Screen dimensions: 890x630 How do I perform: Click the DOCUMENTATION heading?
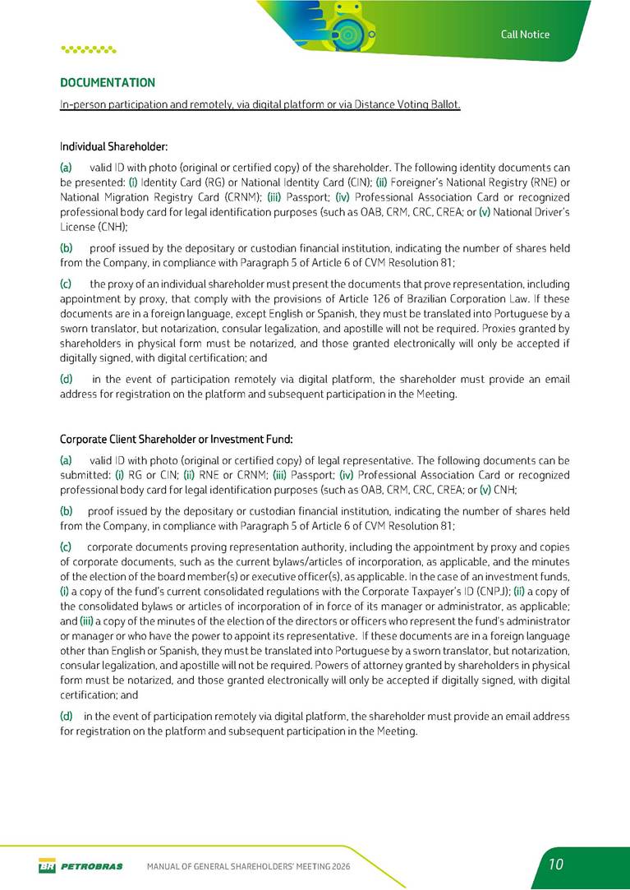point(108,83)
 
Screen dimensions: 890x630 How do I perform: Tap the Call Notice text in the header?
point(525,34)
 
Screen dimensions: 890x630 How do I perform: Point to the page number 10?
point(556,864)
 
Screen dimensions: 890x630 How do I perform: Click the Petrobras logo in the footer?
point(80,866)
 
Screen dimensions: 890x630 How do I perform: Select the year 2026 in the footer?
point(341,867)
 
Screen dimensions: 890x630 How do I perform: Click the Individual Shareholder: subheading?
point(113,147)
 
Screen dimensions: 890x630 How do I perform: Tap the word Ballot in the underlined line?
point(444,105)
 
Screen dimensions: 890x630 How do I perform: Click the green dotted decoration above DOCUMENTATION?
point(89,48)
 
